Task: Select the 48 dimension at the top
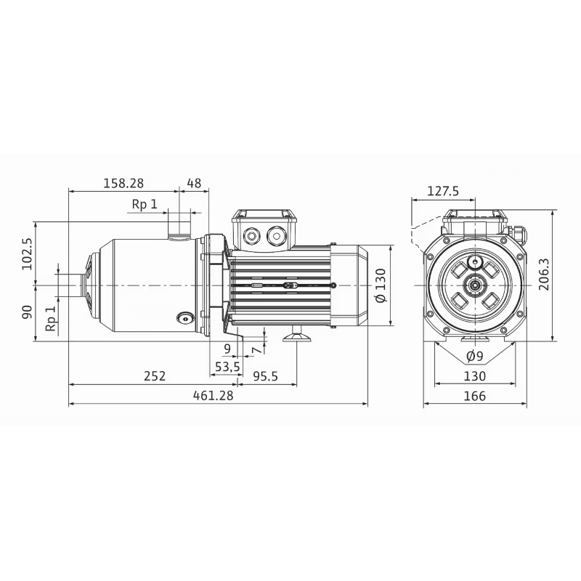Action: pyautogui.click(x=194, y=183)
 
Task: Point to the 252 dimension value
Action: pyautogui.click(x=154, y=376)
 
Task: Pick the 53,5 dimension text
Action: pyautogui.click(x=227, y=367)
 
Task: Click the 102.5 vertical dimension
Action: pyautogui.click(x=28, y=254)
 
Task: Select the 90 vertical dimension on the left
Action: pyautogui.click(x=28, y=313)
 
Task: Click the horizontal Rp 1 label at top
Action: pyautogui.click(x=144, y=204)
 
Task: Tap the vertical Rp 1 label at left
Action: pyautogui.click(x=50, y=318)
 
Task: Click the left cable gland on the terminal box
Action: pyautogui.click(x=253, y=236)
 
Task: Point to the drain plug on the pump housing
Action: pyautogui.click(x=185, y=317)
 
